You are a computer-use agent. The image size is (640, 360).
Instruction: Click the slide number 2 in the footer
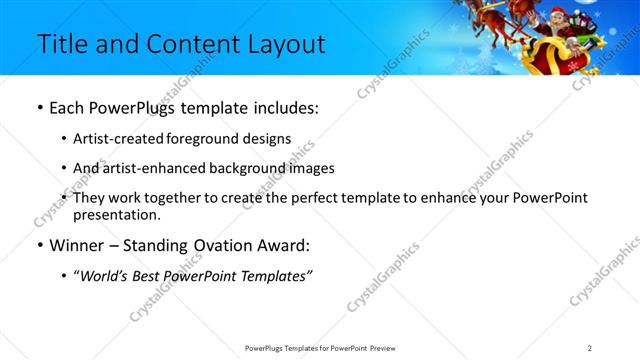590,348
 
